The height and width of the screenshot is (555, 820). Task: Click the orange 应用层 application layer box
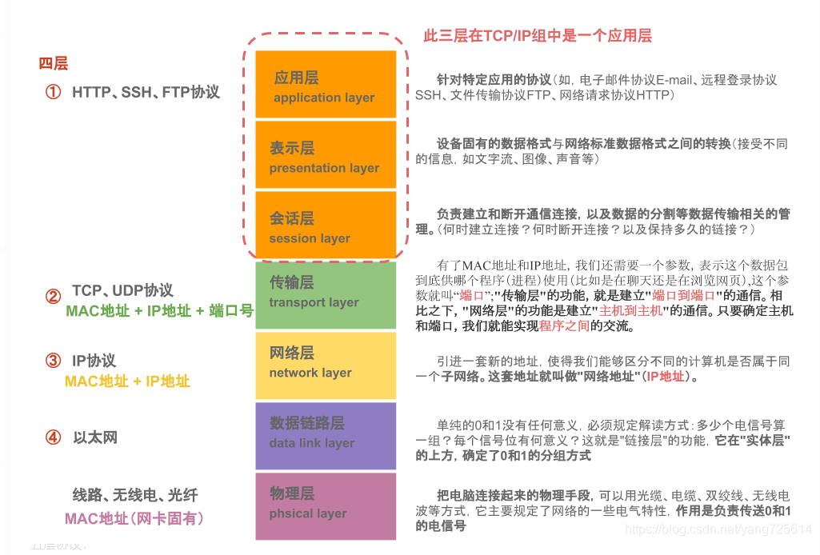coord(326,84)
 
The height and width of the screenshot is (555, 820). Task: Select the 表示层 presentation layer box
coord(326,154)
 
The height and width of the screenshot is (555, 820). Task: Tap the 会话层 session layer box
coord(326,225)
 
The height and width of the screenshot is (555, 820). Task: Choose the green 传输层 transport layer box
coord(326,295)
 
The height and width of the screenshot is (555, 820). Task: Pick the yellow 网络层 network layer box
coord(326,365)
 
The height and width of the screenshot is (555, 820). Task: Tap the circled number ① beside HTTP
coord(53,93)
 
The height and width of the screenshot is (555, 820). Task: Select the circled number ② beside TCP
coord(53,297)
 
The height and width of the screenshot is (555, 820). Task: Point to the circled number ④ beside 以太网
coord(53,437)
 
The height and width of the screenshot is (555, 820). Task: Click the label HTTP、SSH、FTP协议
coord(146,93)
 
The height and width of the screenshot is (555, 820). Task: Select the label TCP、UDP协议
coord(122,290)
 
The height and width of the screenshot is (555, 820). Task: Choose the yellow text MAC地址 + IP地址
coord(127,381)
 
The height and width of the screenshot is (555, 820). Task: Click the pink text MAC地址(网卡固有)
coord(134,519)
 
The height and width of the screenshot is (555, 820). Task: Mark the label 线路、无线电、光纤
coord(134,496)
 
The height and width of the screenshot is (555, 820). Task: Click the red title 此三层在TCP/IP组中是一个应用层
coord(537,36)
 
